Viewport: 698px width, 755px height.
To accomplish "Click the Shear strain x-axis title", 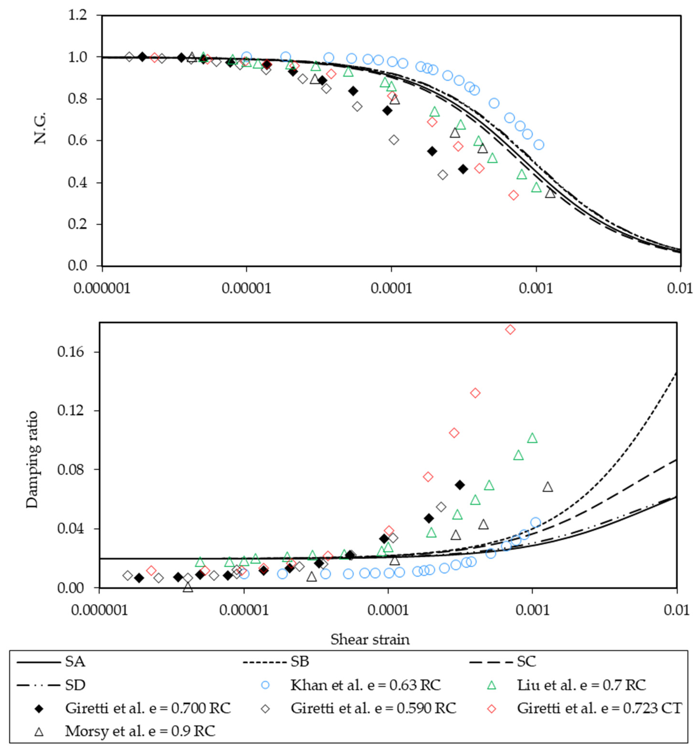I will pyautogui.click(x=370, y=639).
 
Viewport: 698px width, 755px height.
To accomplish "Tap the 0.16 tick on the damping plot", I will pyautogui.click(x=71, y=352).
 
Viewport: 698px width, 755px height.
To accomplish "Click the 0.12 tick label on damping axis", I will pyautogui.click(x=71, y=410).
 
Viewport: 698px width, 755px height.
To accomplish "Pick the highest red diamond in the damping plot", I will pyautogui.click(x=510, y=329).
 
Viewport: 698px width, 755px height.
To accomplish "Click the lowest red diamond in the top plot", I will pyautogui.click(x=513, y=195).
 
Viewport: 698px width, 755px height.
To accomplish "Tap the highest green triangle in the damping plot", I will pyautogui.click(x=532, y=438).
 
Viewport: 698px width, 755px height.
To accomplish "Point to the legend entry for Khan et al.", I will pyautogui.click(x=365, y=685).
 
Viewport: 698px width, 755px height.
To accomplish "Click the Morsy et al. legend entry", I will pyautogui.click(x=140, y=731).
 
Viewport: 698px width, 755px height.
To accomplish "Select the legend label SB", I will pyautogui.click(x=299, y=662).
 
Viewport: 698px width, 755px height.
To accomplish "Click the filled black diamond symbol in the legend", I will pyautogui.click(x=39, y=708).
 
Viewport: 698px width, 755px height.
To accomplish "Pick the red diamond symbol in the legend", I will pyautogui.click(x=491, y=708).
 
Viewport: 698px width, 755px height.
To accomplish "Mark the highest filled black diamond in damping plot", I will pyautogui.click(x=460, y=485).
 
